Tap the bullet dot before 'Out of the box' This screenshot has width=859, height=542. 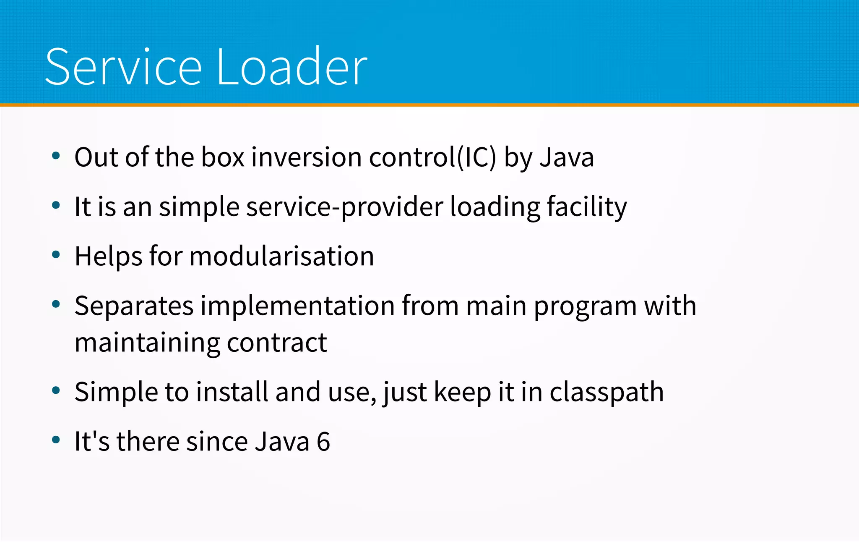pyautogui.click(x=56, y=156)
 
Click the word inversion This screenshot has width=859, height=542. pyautogui.click(x=306, y=157)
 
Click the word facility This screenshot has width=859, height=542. pyautogui.click(x=587, y=207)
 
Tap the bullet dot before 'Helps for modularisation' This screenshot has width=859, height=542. pyautogui.click(x=56, y=255)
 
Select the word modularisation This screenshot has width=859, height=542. pyautogui.click(x=281, y=257)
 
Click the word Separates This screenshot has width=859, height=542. pyautogui.click(x=134, y=306)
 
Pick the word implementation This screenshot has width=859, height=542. pyautogui.click(x=297, y=306)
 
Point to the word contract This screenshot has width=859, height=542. pyautogui.click(x=277, y=343)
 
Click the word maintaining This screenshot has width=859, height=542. pyautogui.click(x=147, y=343)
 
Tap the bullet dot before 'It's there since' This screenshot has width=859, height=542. pyautogui.click(x=56, y=440)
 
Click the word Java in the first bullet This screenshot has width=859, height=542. pyautogui.click(x=567, y=157)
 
